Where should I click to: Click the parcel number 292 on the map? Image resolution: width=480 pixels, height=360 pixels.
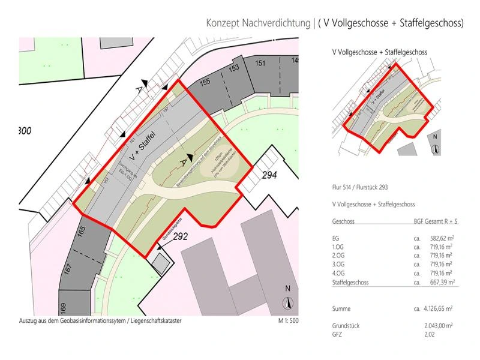pyautogui.click(x=181, y=236)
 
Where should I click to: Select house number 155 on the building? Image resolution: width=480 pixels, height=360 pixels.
pyautogui.click(x=206, y=83)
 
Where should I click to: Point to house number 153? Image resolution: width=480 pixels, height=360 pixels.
pyautogui.click(x=234, y=68)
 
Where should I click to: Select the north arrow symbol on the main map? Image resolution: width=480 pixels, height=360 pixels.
pyautogui.click(x=287, y=303)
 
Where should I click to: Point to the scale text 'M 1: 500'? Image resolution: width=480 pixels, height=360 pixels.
pyautogui.click(x=288, y=321)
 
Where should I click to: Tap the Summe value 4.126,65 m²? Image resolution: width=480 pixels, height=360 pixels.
pyautogui.click(x=436, y=308)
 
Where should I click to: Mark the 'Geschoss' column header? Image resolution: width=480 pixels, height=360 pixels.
pyautogui.click(x=343, y=221)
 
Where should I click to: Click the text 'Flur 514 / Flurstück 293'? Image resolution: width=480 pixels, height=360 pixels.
pyautogui.click(x=364, y=187)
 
